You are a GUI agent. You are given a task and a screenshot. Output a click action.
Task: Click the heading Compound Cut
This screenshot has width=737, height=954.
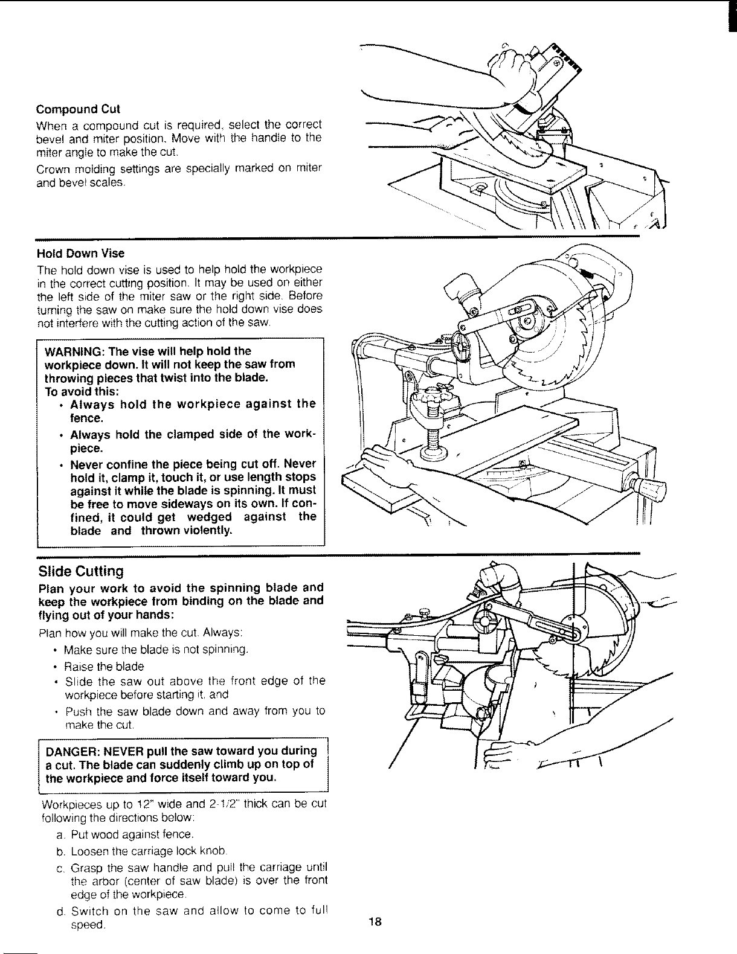78,109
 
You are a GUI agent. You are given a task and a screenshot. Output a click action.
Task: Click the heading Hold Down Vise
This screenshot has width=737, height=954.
80,254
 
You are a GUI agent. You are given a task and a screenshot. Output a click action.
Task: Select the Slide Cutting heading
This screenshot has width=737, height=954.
80,571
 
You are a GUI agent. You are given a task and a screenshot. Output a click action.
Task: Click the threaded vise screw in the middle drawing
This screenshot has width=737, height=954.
434,441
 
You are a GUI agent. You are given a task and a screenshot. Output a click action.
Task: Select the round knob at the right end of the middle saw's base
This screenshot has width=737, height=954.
652,486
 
